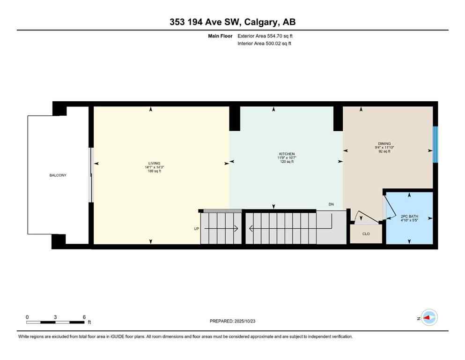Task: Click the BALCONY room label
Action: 58,175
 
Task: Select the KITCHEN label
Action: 287,154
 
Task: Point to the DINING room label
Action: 384,144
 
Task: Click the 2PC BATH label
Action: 409,217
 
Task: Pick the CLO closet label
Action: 366,233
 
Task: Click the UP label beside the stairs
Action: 197,229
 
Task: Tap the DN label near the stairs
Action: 331,204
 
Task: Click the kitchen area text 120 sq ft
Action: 287,162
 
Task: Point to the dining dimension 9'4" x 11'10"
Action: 384,148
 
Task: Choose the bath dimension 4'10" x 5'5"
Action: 409,220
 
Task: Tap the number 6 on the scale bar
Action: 84,317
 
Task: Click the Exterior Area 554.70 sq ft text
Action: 266,36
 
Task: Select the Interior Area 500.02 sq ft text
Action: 265,44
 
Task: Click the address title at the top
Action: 232,22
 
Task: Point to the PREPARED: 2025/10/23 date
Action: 232,321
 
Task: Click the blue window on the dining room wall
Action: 435,144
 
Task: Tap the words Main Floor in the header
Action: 221,36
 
